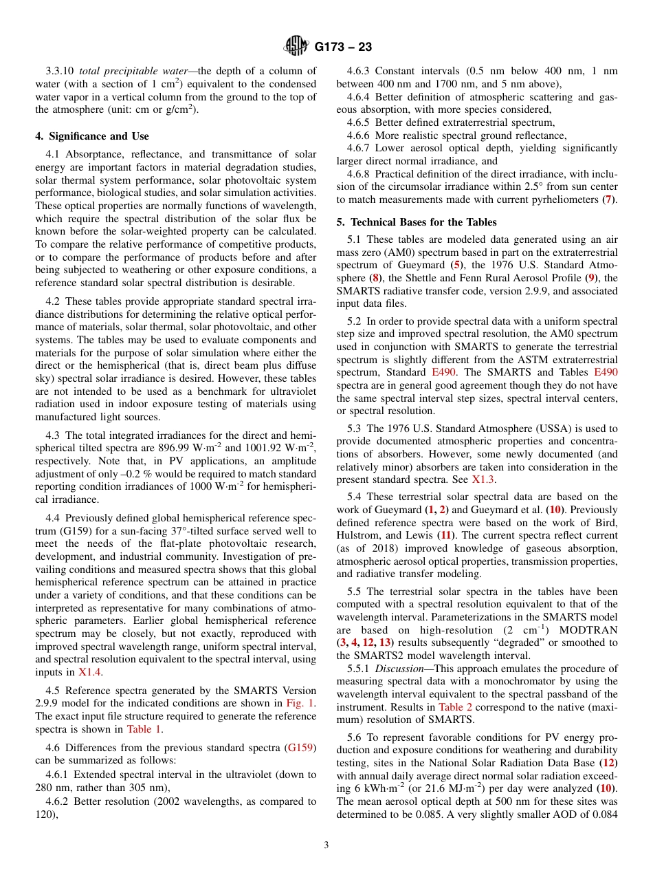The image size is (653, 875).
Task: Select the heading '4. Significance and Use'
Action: (x=92, y=136)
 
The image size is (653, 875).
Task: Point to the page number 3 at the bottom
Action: (x=326, y=845)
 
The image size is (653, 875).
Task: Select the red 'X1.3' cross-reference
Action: (x=483, y=479)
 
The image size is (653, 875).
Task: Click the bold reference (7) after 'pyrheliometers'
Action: (x=609, y=199)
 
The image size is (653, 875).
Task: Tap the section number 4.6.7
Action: (x=359, y=148)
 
